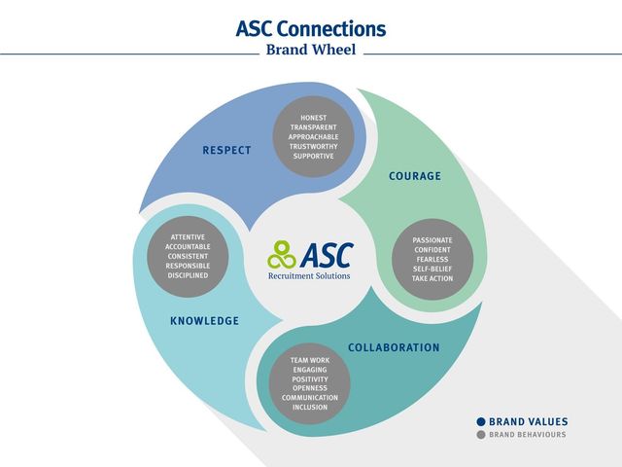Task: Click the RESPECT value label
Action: tap(226, 151)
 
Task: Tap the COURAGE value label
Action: tap(415, 176)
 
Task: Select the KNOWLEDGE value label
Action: tap(204, 321)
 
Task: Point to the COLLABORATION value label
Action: tap(394, 348)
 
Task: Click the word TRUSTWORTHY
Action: tap(313, 147)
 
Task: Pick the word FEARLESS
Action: tap(432, 260)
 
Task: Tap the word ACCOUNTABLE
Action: tap(188, 246)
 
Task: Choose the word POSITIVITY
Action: tap(310, 379)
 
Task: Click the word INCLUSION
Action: tap(310, 407)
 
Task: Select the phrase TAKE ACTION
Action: tap(432, 278)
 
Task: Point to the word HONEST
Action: tap(313, 118)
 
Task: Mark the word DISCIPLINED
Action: tap(188, 275)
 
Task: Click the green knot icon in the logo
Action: tap(281, 255)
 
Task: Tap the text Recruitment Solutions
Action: tap(309, 276)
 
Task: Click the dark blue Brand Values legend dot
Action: tap(481, 421)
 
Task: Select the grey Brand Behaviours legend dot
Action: tap(481, 435)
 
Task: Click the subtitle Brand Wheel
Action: tap(311, 50)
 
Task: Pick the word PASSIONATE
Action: tap(432, 240)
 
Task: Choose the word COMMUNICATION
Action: tap(310, 398)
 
